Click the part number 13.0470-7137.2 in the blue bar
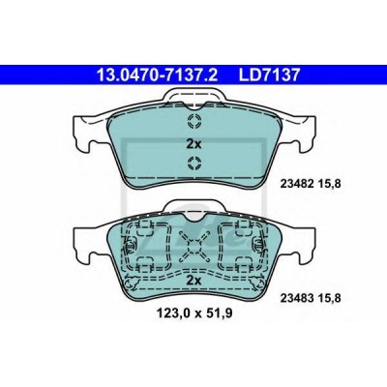point(158,74)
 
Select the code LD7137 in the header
point(269,74)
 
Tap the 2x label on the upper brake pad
point(193,144)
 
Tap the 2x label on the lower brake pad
point(193,280)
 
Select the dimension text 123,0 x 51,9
point(193,313)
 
